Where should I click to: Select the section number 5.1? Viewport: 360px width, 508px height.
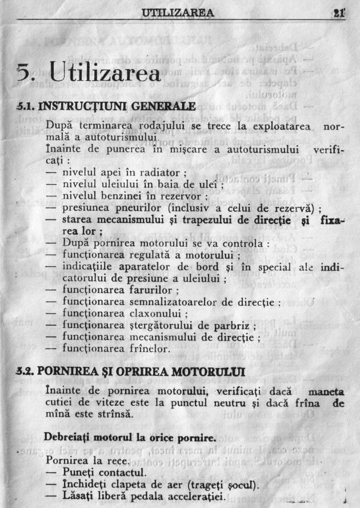[x=27, y=106]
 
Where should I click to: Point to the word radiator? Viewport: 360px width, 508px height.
[x=162, y=172]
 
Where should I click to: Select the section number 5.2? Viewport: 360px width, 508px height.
[x=27, y=372]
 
